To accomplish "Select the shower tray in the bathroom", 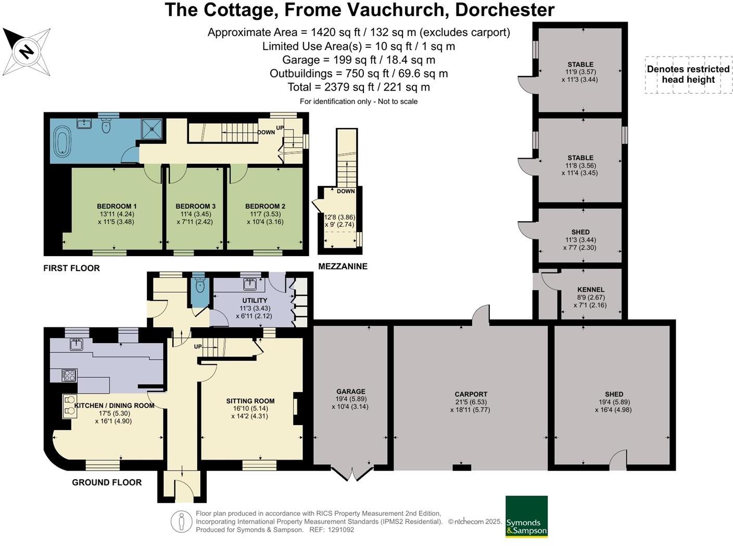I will click(x=152, y=128).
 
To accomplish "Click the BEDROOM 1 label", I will click(x=117, y=206).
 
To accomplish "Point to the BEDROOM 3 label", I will click(x=195, y=206).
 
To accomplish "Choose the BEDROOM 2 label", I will click(x=265, y=206).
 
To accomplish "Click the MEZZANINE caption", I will click(x=343, y=266).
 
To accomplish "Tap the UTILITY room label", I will click(x=255, y=300).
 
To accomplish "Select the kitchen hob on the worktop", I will click(x=69, y=375).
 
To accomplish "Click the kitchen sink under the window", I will click(x=77, y=344).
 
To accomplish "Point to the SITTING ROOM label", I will click(x=250, y=401).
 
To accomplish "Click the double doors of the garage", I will click(x=352, y=474).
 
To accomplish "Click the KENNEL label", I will click(x=591, y=290).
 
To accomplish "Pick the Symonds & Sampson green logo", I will click(x=526, y=516).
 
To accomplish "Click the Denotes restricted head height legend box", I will click(x=688, y=74).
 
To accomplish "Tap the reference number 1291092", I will click(x=340, y=530).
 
